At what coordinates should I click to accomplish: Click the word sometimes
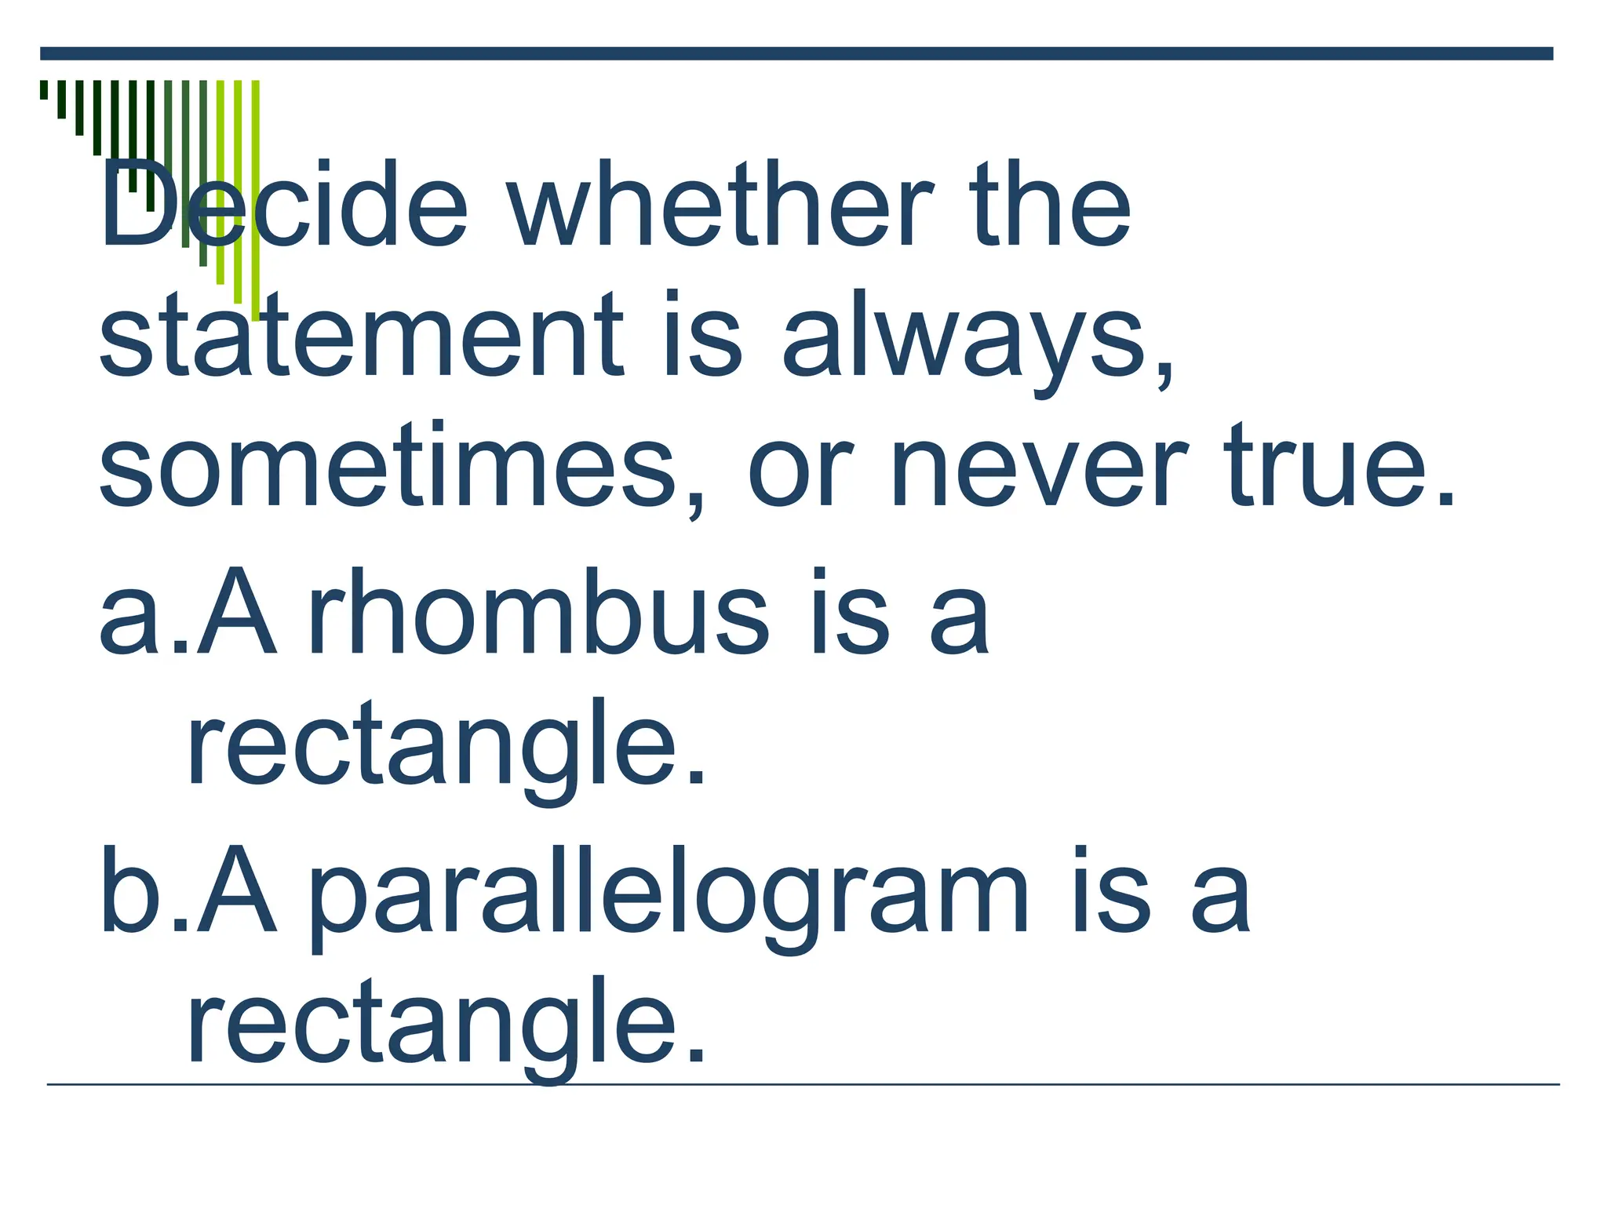point(388,467)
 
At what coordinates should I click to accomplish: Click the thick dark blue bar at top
point(796,53)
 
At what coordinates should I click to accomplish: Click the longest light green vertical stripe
point(256,196)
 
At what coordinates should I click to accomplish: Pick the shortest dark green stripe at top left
point(44,89)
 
